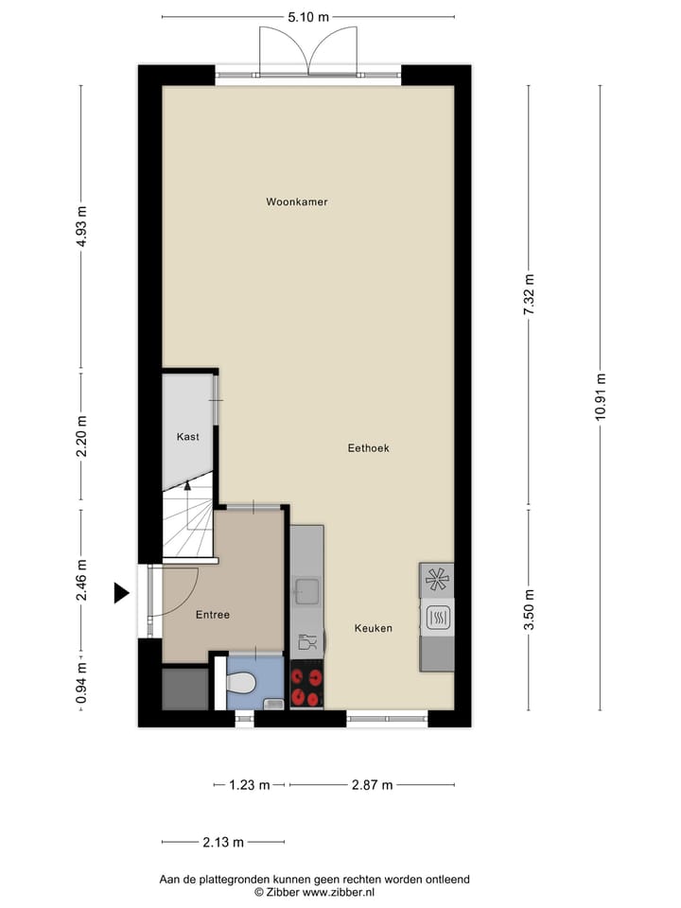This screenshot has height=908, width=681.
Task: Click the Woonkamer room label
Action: coord(297,201)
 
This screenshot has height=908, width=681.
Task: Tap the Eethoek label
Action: coord(369,448)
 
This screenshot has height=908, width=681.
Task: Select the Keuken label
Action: coord(374,628)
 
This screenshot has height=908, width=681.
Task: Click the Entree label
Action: coord(213,615)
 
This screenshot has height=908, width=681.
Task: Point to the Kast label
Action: coord(187,437)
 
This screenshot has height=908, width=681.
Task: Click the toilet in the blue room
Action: coord(242,682)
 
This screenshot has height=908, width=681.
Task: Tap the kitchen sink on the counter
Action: coord(306,592)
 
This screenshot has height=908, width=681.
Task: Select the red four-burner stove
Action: coord(306,688)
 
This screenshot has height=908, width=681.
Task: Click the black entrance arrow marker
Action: coord(120,593)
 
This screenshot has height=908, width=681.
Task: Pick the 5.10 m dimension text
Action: coord(308,16)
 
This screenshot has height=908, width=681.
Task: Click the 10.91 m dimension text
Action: coord(601,398)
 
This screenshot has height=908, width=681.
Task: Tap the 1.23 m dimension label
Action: coord(250,785)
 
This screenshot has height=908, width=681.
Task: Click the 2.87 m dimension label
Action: coord(372,785)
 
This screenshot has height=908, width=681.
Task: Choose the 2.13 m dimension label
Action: coord(223,842)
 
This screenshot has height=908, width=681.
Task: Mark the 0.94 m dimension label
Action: coord(81,681)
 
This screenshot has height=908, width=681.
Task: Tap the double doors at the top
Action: coord(308,52)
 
